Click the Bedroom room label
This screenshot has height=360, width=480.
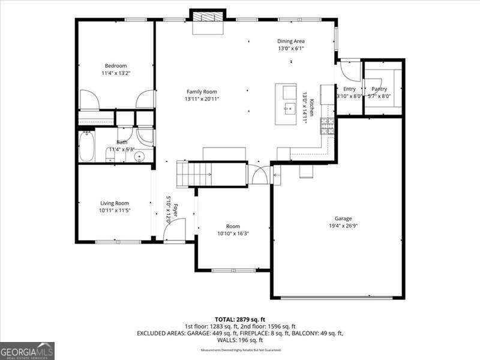tap(116, 65)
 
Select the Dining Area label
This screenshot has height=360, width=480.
tap(291, 41)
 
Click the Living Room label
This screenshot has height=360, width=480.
tap(114, 203)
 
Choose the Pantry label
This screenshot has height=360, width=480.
tap(379, 89)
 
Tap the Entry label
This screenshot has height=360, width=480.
tap(349, 89)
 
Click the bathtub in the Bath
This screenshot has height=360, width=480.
tap(86, 146)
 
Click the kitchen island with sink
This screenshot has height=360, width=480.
tap(289, 104)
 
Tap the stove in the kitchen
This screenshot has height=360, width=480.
tap(327, 125)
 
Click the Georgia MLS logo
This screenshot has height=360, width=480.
tap(27, 350)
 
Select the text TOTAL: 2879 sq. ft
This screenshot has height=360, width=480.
tap(239, 319)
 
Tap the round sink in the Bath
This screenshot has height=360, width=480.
tap(139, 158)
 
